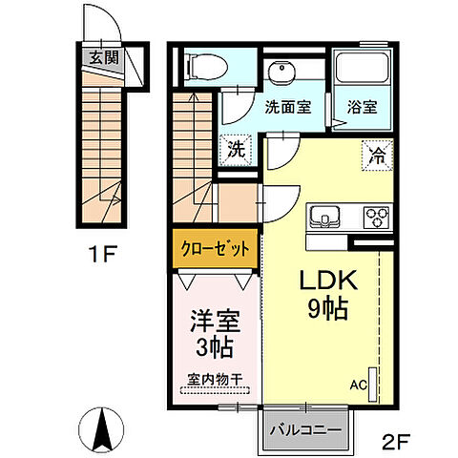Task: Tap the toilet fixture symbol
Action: pos(206,66)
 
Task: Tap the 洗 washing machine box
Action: pos(234,150)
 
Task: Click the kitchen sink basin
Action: pos(325,218)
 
